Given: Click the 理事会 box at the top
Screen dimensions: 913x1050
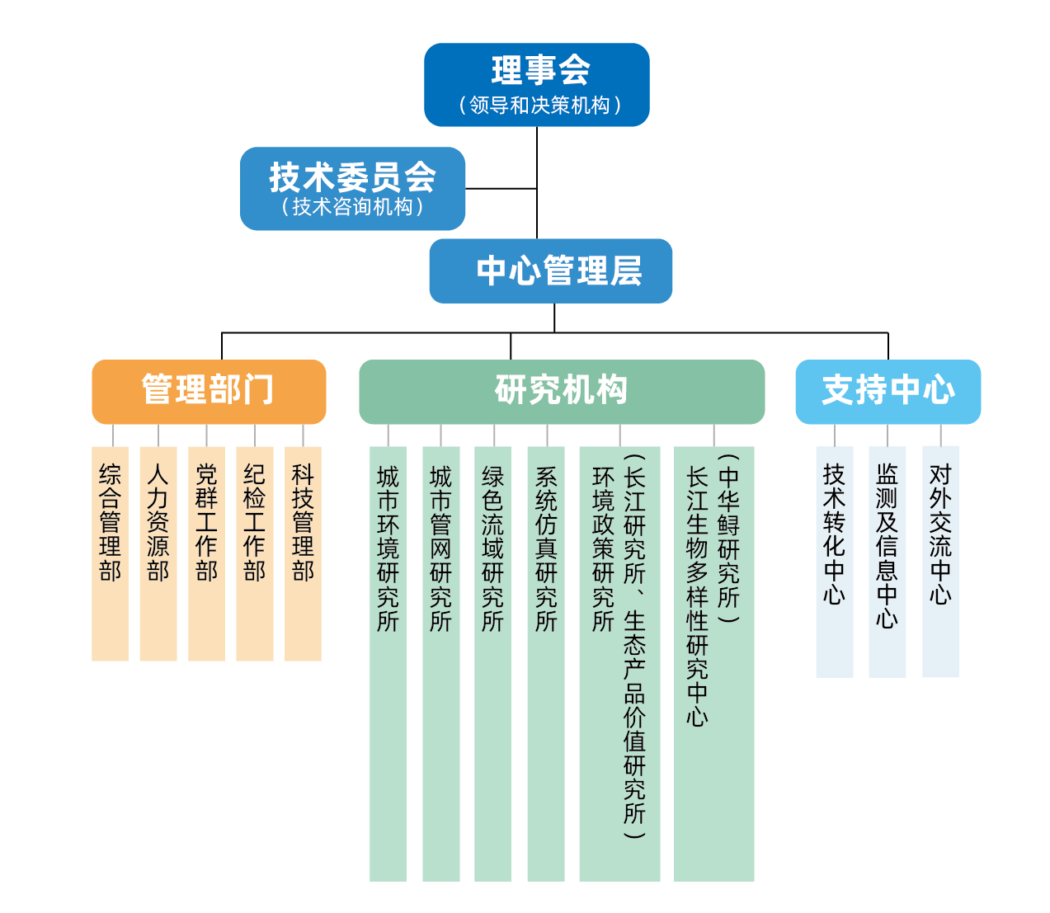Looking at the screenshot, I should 536,85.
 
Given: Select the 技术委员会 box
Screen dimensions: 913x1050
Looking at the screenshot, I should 352,189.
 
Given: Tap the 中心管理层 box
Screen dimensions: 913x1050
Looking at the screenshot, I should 550,271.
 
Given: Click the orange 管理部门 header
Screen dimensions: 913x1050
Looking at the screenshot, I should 209,392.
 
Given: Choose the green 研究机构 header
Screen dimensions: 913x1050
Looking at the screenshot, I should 562,392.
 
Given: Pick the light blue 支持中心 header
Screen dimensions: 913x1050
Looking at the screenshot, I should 888,392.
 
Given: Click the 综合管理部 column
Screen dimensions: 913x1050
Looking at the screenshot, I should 110,553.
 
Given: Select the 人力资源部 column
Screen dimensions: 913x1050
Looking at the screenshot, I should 158,553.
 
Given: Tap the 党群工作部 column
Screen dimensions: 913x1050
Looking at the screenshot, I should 206,553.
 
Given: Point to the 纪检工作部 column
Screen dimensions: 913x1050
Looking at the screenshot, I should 254,553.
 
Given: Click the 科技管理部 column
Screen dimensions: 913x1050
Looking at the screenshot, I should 303,553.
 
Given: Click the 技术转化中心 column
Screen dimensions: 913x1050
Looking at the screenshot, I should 834,561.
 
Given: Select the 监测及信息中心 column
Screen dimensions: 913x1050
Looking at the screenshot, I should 887,561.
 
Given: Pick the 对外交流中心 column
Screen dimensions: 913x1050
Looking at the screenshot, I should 940,561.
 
